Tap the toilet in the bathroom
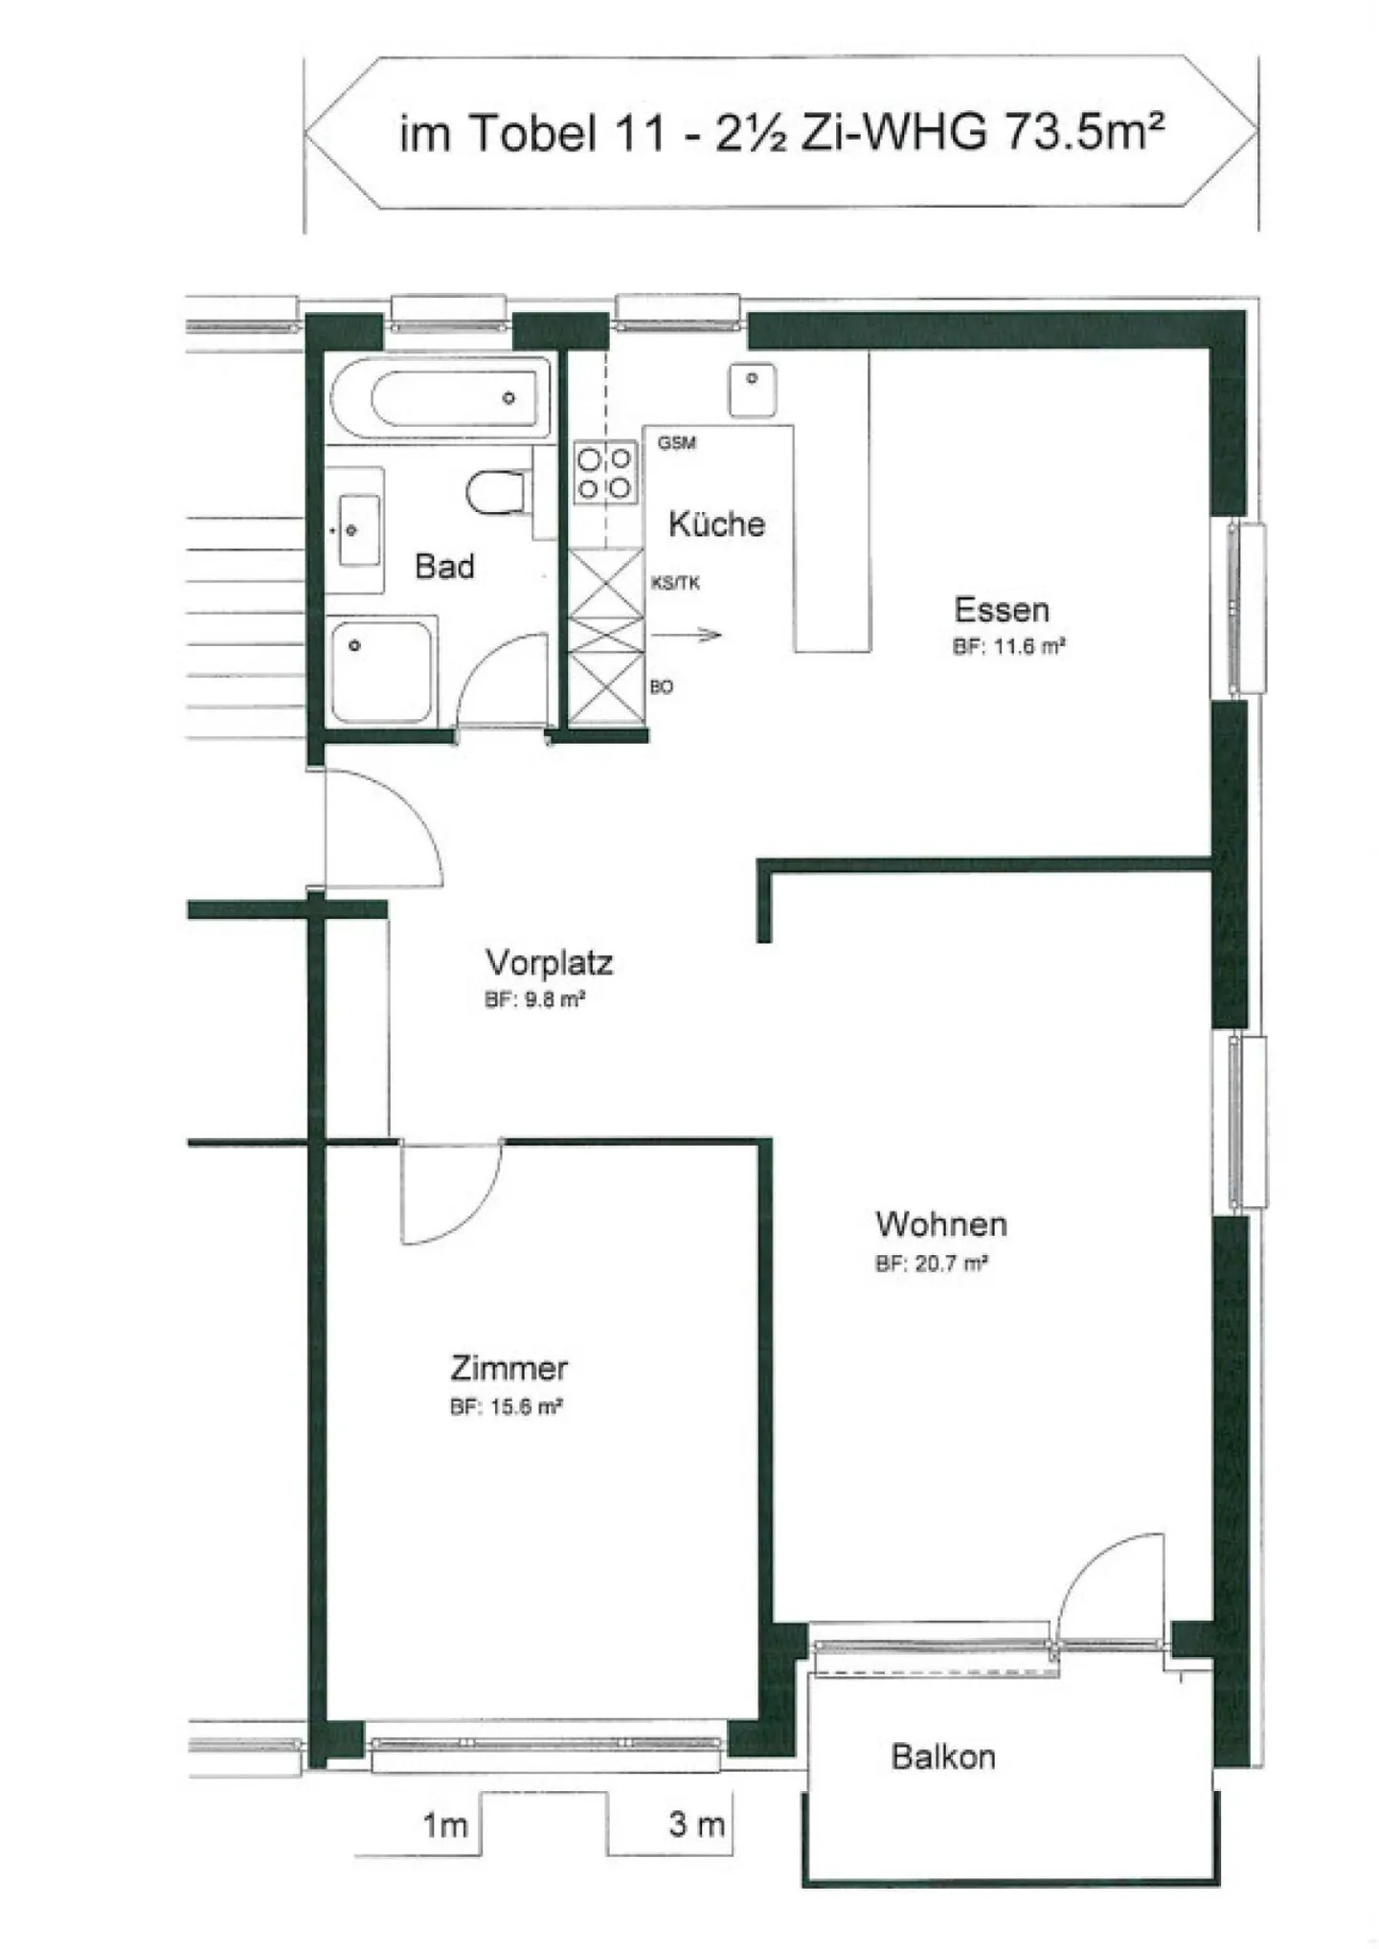pos(497,493)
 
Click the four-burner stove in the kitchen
pos(605,473)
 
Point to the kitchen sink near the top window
pos(752,389)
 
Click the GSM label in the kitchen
pos(677,443)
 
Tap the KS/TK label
pos(676,583)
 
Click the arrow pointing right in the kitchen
pos(686,635)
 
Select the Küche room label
pos(716,525)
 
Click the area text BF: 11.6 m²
pos(1009,647)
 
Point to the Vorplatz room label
pos(549,962)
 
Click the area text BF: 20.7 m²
pos(931,1264)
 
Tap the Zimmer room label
pos(509,1368)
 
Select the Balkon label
pos(943,1757)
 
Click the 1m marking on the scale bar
pos(445,1825)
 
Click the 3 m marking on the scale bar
pos(696,1824)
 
